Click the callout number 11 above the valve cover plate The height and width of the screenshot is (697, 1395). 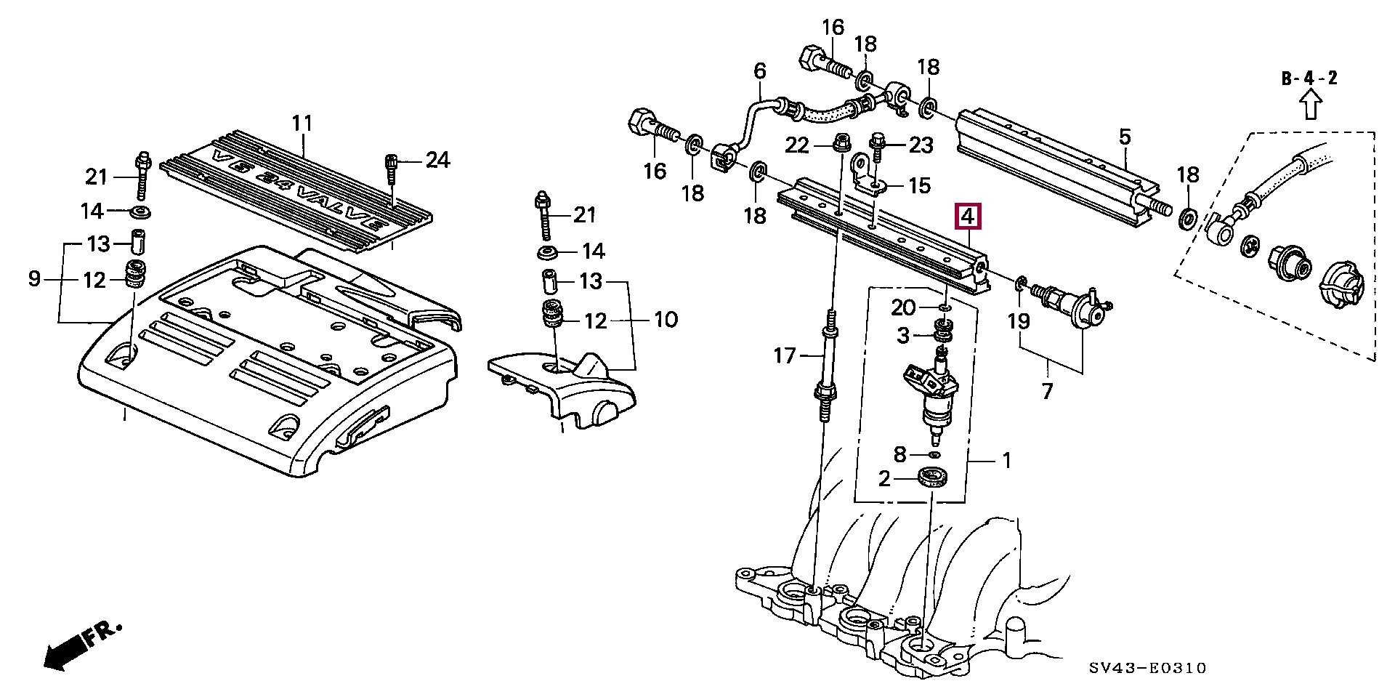pos(302,123)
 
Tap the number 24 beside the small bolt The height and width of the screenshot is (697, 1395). pos(437,160)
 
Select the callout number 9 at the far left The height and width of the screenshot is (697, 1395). pos(34,278)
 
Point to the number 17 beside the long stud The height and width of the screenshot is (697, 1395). pos(785,356)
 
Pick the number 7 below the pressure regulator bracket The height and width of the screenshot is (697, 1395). pos(1047,391)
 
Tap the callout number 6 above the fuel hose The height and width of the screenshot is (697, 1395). pos(760,71)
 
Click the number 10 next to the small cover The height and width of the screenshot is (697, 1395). pos(666,320)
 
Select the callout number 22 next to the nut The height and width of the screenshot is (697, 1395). pos(797,145)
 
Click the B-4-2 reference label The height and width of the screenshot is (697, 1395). pos(1309,78)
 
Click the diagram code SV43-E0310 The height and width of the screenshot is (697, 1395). pos(1148,668)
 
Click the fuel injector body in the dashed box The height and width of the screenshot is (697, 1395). pos(937,396)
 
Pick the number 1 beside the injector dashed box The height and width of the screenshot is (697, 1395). pos(1006,459)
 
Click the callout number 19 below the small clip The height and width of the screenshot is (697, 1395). pos(1019,321)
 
